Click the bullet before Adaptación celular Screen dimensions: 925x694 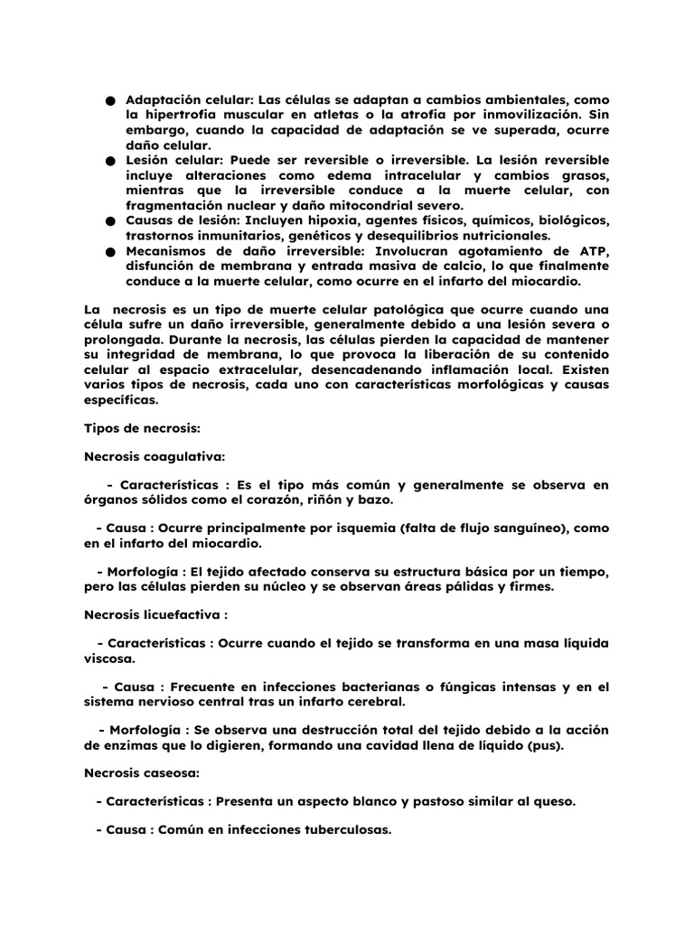(109, 100)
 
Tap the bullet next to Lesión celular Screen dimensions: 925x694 (109, 160)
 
